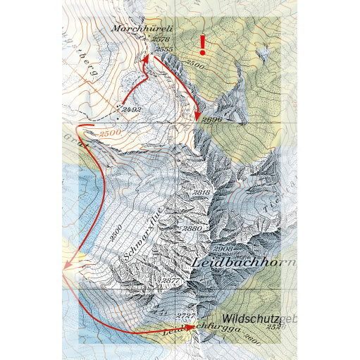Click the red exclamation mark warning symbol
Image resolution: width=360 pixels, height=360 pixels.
tap(203, 45)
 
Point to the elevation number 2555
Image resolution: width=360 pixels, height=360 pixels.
tap(164, 49)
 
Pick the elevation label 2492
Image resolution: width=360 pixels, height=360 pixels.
tap(132, 110)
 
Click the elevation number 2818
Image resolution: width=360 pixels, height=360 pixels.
tap(202, 192)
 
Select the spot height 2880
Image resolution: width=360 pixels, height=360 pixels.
tap(192, 228)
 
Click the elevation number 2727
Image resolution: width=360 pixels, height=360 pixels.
tap(186, 315)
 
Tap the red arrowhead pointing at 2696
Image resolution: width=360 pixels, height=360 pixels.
tap(199, 116)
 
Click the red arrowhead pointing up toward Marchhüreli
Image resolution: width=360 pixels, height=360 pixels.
tap(147, 59)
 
